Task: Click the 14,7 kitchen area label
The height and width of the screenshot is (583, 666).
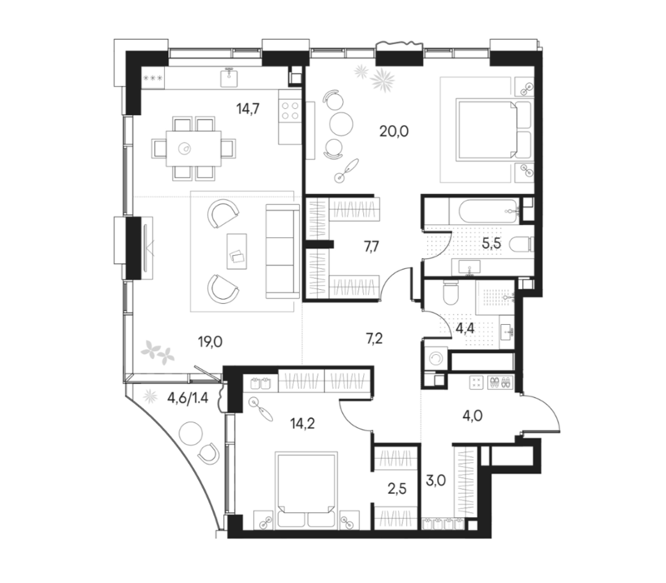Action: (x=248, y=109)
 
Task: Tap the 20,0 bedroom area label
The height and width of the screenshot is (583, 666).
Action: (x=394, y=132)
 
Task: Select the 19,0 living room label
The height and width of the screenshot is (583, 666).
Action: (x=211, y=341)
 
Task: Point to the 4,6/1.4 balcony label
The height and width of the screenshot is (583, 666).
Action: (x=188, y=398)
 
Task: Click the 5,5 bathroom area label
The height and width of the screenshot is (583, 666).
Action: (x=491, y=244)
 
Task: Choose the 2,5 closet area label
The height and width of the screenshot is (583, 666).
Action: (x=397, y=489)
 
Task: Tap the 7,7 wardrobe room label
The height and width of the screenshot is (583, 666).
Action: (x=371, y=246)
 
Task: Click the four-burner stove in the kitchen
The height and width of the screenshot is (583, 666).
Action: (x=291, y=111)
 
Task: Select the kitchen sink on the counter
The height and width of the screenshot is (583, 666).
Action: (x=230, y=77)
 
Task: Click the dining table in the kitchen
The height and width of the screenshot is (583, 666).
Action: (x=194, y=148)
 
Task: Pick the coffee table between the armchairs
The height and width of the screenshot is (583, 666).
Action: (x=236, y=252)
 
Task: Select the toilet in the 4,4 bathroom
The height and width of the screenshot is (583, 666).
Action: (x=450, y=292)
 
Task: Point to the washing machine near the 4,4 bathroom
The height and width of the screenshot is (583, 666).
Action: (x=435, y=359)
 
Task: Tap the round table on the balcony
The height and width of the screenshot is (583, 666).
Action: (x=191, y=433)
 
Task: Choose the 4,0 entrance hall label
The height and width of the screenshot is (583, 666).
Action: (x=472, y=415)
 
